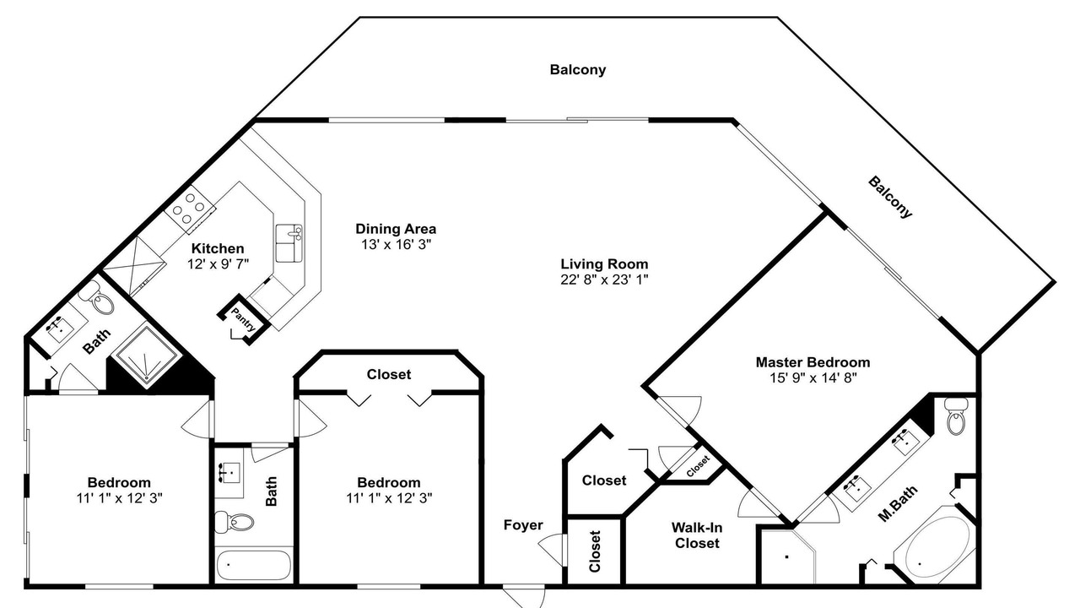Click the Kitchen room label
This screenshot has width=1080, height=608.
tap(218, 248)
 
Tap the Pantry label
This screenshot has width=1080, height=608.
tap(243, 319)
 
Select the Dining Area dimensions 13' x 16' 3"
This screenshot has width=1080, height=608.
tap(396, 245)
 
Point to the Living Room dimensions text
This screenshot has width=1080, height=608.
tap(604, 280)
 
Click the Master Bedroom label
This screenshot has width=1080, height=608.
tap(813, 362)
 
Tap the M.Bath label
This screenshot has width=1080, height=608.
tap(897, 504)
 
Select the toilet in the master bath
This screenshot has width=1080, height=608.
tap(956, 417)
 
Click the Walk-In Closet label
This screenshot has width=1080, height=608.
tap(697, 535)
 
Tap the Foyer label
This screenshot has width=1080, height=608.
tap(523, 525)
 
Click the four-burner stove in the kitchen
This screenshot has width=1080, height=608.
tap(190, 209)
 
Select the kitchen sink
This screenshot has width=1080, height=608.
tap(289, 243)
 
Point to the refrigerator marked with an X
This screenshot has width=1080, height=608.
tap(135, 264)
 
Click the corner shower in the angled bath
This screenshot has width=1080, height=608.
tap(146, 356)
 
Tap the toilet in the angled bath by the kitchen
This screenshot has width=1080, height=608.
tap(99, 299)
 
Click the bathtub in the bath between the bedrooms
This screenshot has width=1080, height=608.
tap(254, 565)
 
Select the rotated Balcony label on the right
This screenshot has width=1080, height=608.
tap(890, 198)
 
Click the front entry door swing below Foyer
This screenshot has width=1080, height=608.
tap(524, 597)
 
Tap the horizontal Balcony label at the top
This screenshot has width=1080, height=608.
tap(578, 69)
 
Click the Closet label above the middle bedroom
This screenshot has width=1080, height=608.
tap(389, 374)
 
